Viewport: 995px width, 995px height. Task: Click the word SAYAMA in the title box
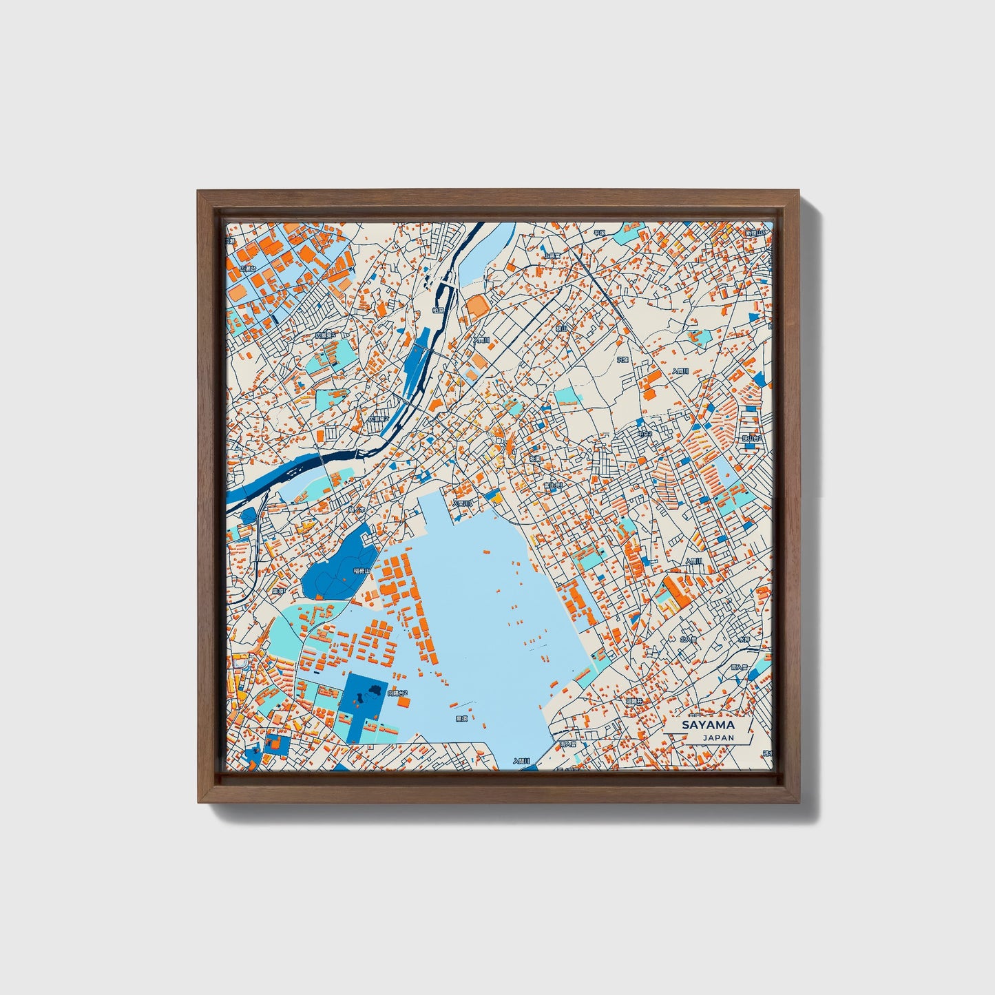(708, 725)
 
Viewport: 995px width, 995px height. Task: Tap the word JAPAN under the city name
(718, 737)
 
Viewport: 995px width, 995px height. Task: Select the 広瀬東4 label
(325, 335)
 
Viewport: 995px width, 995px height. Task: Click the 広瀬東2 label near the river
(378, 418)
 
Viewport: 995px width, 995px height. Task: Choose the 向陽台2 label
(397, 693)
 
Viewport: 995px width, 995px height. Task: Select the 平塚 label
(599, 233)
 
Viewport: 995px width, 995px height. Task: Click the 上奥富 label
(552, 255)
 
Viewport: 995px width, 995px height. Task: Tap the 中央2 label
(645, 434)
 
